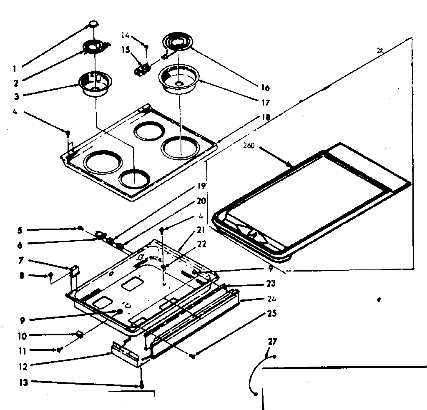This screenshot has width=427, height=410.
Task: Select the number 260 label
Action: click(x=250, y=147)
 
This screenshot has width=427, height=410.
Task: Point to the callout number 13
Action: click(x=25, y=383)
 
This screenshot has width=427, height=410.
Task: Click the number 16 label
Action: click(x=265, y=88)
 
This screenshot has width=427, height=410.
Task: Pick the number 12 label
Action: click(x=23, y=367)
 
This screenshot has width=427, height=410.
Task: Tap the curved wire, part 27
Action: click(x=254, y=375)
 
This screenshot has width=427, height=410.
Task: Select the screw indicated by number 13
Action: click(x=142, y=386)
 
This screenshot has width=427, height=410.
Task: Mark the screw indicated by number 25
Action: click(x=192, y=356)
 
